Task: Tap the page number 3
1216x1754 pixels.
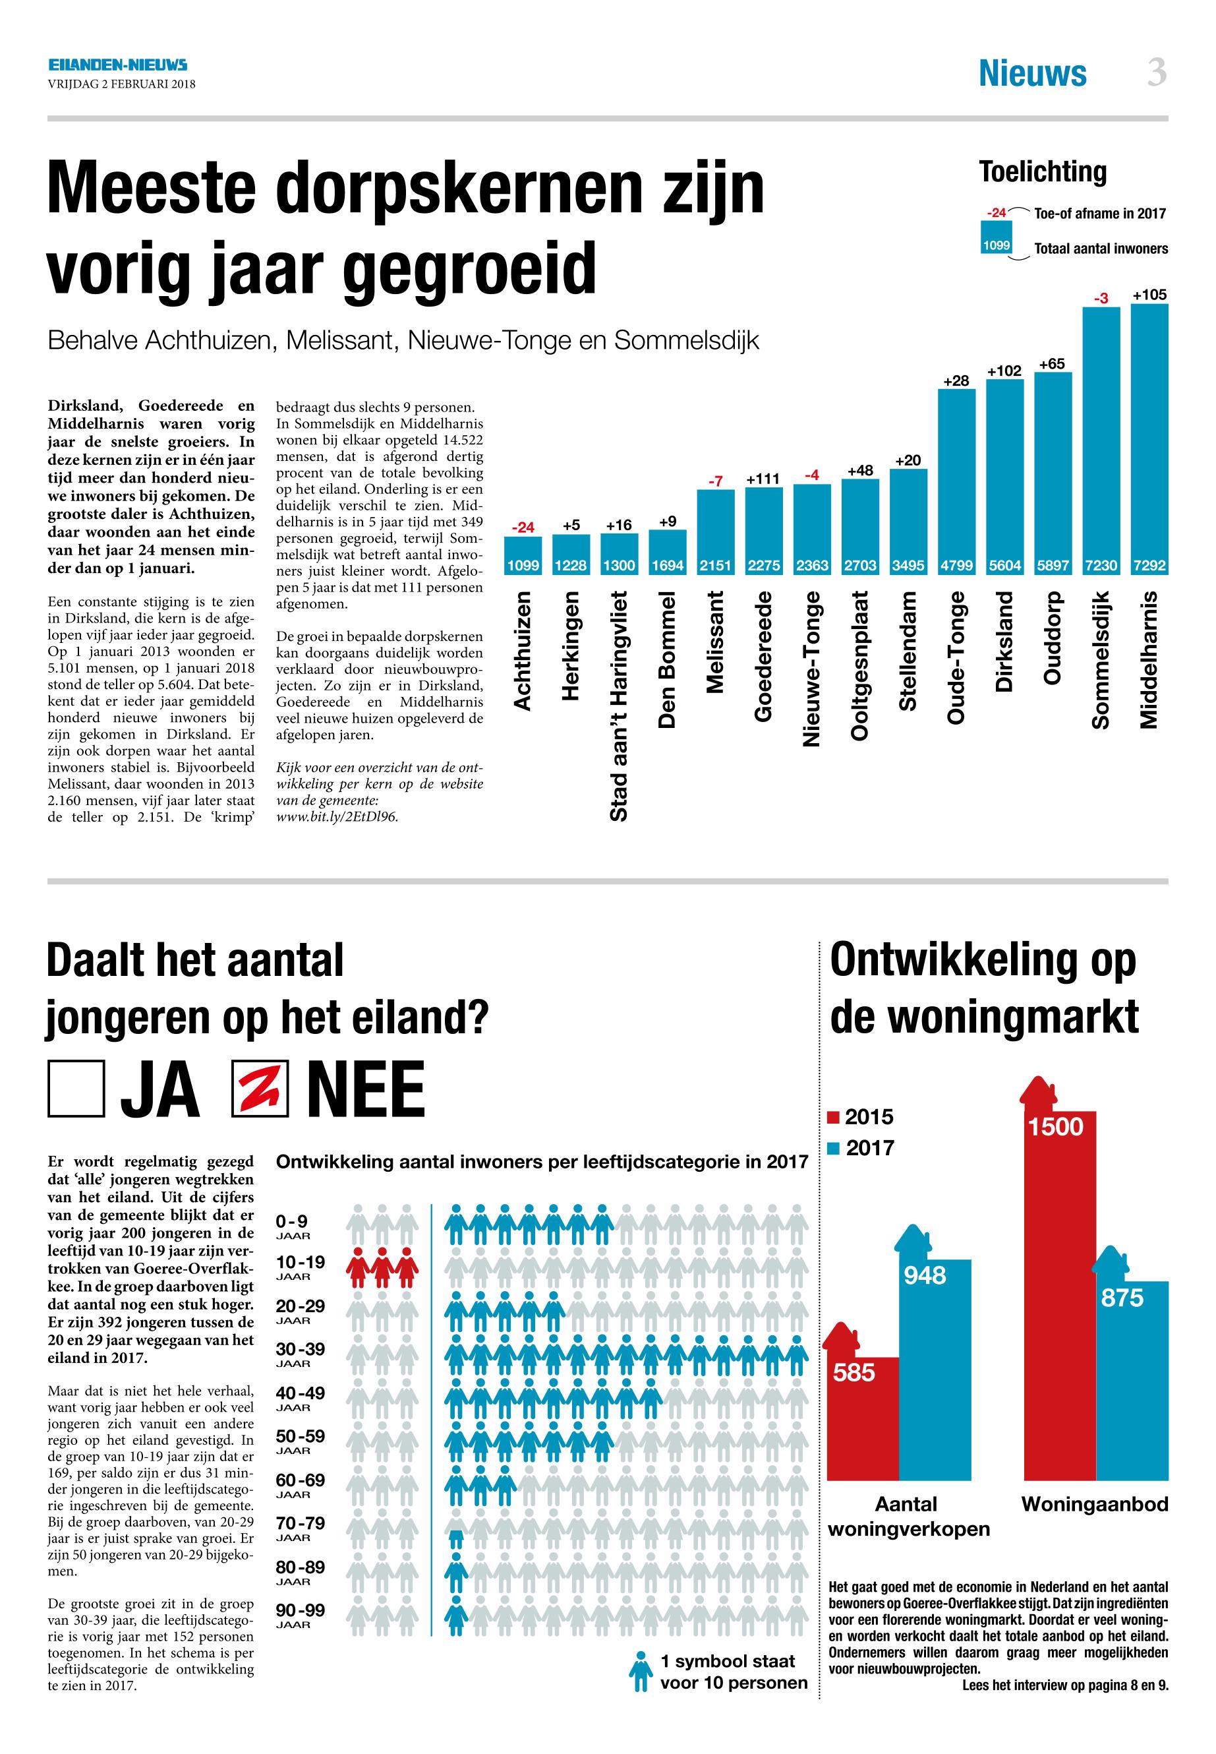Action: [x=1156, y=73]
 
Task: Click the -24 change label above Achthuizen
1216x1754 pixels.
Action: [x=523, y=527]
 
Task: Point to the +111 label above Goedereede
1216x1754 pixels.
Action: [x=763, y=479]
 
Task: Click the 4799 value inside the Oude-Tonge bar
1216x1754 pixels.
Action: [x=956, y=566]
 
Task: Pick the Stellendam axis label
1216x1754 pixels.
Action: [x=908, y=650]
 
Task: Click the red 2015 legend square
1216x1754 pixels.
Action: [x=834, y=1118]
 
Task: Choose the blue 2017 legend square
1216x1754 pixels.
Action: [x=834, y=1148]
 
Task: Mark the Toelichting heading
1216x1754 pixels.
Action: [x=1042, y=172]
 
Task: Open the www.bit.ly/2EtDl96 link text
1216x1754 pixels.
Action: [x=337, y=816]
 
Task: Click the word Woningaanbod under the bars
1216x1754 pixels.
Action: [x=1094, y=1504]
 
